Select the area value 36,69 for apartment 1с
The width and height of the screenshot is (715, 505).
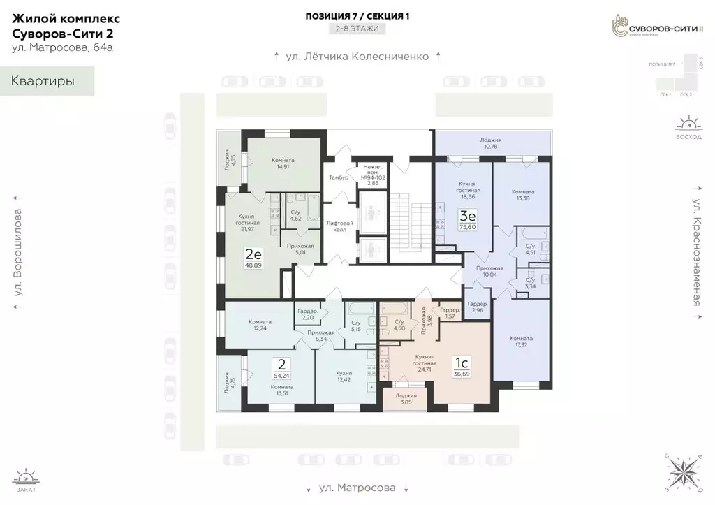coord(462,374)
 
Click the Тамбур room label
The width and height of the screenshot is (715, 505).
coord(338,177)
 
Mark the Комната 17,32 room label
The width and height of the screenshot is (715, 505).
coord(522,341)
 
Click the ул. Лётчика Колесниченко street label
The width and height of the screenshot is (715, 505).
coord(357,57)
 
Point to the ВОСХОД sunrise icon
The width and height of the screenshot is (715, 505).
coord(688,129)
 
